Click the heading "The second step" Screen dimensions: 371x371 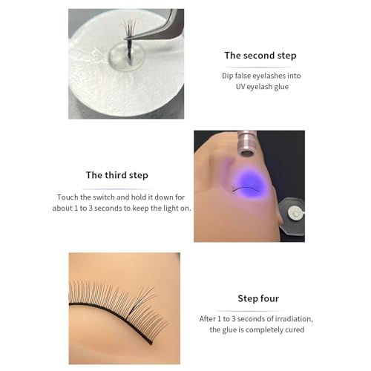(x=260, y=56)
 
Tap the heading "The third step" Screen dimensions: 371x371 (x=117, y=175)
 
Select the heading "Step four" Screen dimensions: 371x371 (x=258, y=298)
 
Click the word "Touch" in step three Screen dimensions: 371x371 (x=70, y=197)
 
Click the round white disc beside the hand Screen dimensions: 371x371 (x=295, y=214)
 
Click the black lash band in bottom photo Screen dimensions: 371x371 (x=111, y=306)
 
